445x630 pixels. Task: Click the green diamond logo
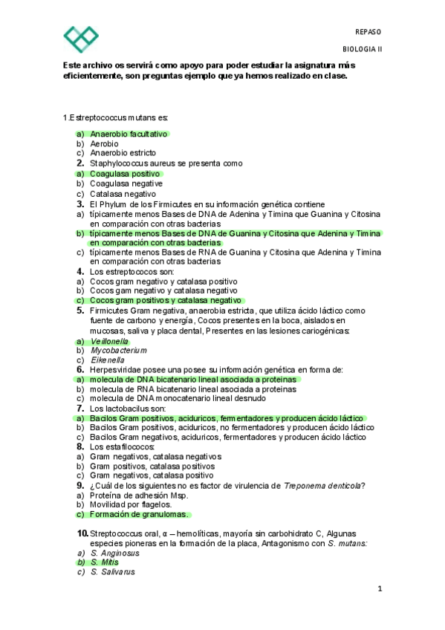click(80, 39)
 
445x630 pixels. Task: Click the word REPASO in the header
click(368, 33)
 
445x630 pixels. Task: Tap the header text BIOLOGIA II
click(362, 49)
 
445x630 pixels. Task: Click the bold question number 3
click(79, 204)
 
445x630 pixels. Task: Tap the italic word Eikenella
click(107, 360)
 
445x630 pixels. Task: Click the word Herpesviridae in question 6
click(118, 369)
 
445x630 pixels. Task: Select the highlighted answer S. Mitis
click(104, 563)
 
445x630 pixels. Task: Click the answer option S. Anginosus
click(114, 553)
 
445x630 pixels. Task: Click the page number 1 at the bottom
click(379, 591)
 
